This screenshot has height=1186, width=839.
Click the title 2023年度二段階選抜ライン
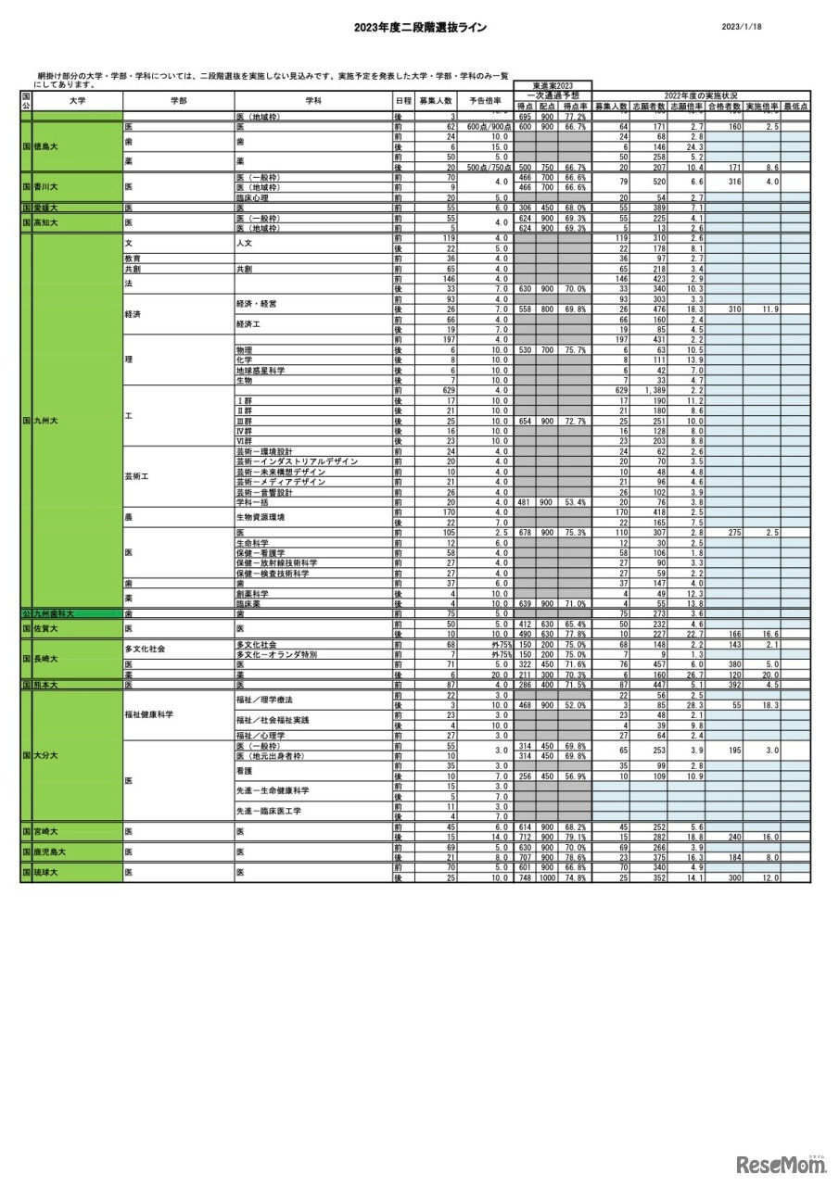tap(420, 28)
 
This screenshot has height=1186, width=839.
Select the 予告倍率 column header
tap(485, 100)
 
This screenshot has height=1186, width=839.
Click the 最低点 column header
tap(795, 107)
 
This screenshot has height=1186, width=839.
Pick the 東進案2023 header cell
tap(553, 85)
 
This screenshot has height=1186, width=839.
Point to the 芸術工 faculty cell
tap(140, 476)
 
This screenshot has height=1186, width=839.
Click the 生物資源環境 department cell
tap(260, 517)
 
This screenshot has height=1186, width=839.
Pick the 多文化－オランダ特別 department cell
tap(276, 654)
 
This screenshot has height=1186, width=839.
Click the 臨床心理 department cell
tap(252, 197)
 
